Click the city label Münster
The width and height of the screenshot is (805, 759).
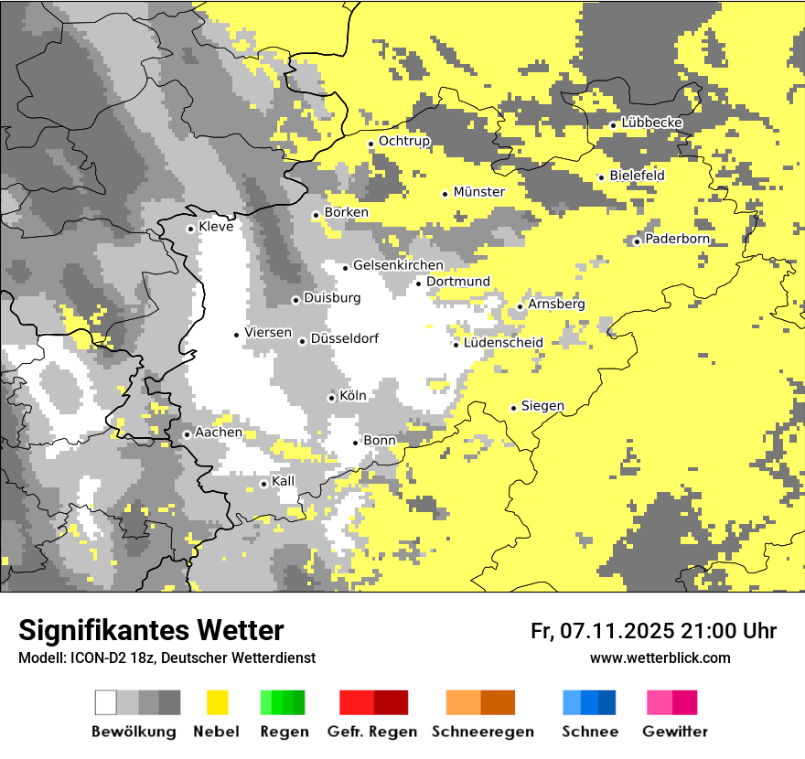tap(478, 192)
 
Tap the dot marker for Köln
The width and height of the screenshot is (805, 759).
tap(331, 398)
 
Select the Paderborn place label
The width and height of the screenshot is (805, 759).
tap(677, 239)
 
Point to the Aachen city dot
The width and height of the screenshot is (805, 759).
tap(187, 434)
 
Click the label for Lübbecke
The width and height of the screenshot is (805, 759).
tap(651, 123)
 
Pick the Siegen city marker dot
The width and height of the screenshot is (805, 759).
tap(513, 408)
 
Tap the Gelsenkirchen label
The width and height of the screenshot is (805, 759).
tap(398, 265)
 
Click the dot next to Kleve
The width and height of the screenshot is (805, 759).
tap(190, 229)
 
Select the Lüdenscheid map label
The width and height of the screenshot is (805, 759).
tap(503, 343)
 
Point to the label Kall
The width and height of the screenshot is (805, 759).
tap(284, 481)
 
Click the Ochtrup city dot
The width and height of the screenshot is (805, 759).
tap(370, 143)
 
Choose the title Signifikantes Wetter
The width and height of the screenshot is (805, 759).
tap(151, 630)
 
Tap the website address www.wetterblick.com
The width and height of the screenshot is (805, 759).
tap(660, 657)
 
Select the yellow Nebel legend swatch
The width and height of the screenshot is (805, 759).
tap(217, 702)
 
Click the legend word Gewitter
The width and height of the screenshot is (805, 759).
tap(675, 732)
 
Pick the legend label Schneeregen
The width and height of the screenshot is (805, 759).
tap(483, 732)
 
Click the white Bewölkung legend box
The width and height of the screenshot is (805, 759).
tap(106, 702)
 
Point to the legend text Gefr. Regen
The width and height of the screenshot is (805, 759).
tap(371, 732)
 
